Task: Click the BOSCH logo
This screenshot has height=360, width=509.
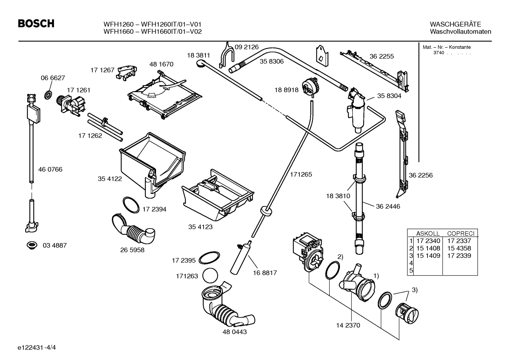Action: pyautogui.click(x=36, y=24)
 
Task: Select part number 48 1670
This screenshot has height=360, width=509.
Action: pyautogui.click(x=161, y=64)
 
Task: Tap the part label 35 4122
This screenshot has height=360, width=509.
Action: pyautogui.click(x=110, y=179)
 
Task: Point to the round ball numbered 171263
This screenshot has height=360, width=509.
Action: pyautogui.click(x=211, y=276)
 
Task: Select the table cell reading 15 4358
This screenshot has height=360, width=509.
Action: pyautogui.click(x=459, y=248)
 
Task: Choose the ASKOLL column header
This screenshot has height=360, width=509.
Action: pyautogui.click(x=428, y=234)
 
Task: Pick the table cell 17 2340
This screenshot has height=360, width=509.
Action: pyautogui.click(x=428, y=241)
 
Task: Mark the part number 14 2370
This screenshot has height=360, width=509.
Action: pyautogui.click(x=348, y=325)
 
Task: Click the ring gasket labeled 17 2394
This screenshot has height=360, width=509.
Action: pyautogui.click(x=131, y=205)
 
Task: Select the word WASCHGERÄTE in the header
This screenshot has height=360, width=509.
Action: pyautogui.click(x=455, y=24)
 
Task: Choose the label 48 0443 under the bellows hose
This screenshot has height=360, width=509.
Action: pyautogui.click(x=235, y=332)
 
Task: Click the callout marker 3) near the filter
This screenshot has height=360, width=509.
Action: pyautogui.click(x=414, y=290)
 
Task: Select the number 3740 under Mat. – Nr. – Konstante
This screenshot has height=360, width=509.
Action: pyautogui.click(x=438, y=53)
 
